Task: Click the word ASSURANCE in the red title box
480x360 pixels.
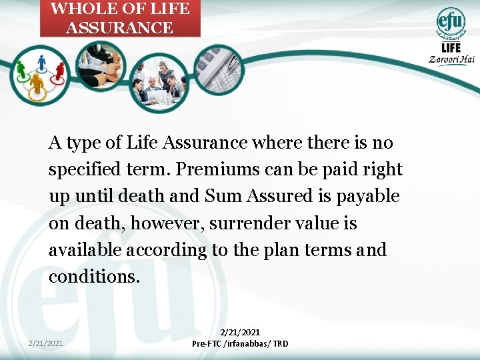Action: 119,28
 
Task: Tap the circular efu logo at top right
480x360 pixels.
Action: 451,22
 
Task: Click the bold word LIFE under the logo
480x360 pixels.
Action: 451,47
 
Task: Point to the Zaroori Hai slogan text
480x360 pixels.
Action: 452,59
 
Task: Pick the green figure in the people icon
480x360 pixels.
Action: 21,69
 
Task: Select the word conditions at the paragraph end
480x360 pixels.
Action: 94,277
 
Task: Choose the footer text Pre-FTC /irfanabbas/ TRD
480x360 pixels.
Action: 240,344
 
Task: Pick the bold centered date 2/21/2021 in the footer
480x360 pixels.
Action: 240,332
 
